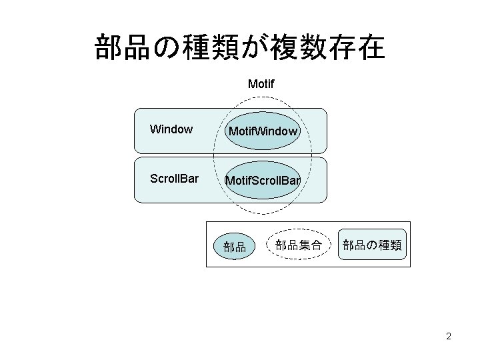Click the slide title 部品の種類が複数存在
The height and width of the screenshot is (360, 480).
[x=239, y=48]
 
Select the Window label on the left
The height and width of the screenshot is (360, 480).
[x=171, y=129]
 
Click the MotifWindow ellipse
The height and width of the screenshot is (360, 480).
[x=262, y=131]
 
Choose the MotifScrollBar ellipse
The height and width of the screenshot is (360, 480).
[x=263, y=181]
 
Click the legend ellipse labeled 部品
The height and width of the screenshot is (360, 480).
[x=235, y=246]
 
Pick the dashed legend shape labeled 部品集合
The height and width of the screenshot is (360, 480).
[x=298, y=245]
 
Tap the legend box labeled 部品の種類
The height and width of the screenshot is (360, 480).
[x=372, y=245]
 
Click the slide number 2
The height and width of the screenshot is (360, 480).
[x=449, y=336]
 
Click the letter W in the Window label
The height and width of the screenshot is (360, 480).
[x=155, y=129]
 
